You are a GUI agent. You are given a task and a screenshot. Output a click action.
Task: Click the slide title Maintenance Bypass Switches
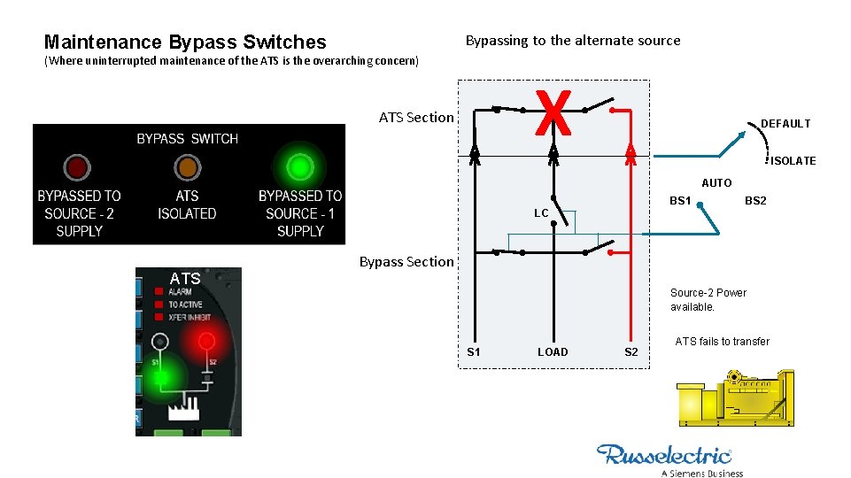tap(185, 42)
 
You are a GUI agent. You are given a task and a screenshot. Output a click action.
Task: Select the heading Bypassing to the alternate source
tap(572, 40)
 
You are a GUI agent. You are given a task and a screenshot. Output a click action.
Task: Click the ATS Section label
tap(415, 117)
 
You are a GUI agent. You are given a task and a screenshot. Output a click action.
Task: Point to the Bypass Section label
tap(406, 261)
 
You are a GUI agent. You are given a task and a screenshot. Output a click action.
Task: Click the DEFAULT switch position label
tap(785, 124)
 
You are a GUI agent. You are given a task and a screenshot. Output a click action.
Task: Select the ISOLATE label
tap(793, 160)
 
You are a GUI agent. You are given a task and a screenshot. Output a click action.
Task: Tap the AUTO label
tap(716, 183)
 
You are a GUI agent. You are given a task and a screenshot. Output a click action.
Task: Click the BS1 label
tap(680, 201)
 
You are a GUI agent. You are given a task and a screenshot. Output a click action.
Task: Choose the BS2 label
tap(755, 201)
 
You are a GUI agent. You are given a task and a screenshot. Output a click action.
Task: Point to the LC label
tap(541, 213)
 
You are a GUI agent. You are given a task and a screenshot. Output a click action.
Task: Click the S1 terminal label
tap(474, 352)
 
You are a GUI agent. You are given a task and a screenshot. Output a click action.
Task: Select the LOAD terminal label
tap(553, 352)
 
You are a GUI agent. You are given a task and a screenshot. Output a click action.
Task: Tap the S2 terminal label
tap(631, 352)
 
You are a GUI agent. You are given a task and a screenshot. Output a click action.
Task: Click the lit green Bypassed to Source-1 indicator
tap(300, 166)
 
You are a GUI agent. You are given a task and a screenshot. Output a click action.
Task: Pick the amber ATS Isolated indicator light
tap(187, 166)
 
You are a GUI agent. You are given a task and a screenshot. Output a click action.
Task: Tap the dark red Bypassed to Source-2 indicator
tap(75, 166)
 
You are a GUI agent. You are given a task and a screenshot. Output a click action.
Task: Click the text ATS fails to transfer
tap(722, 342)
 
